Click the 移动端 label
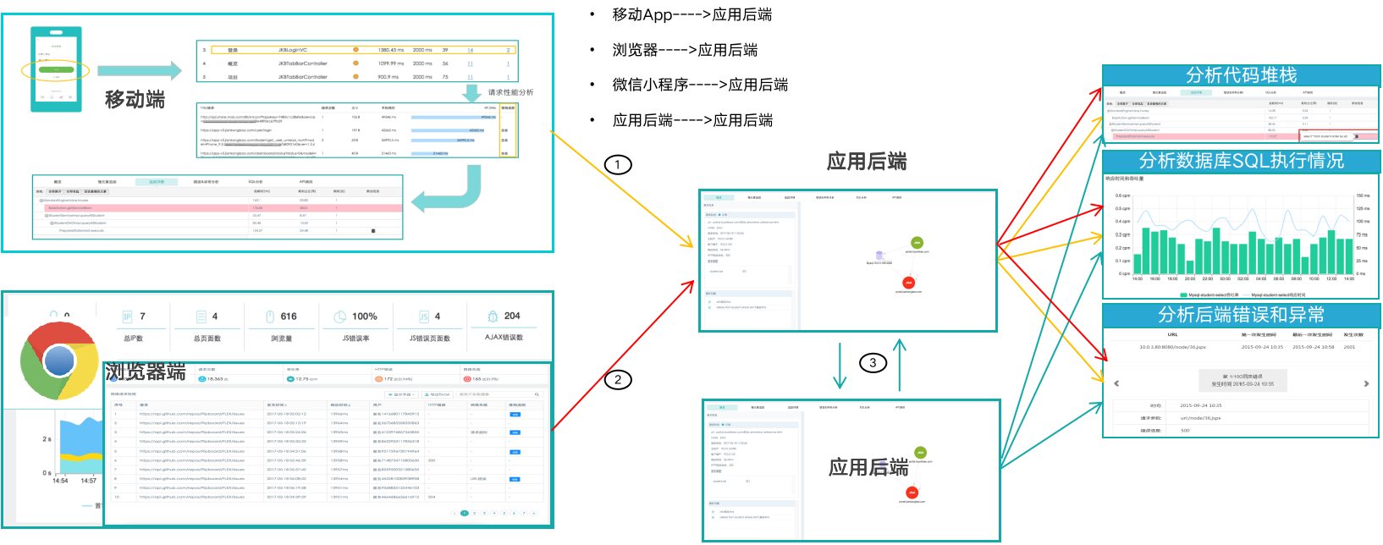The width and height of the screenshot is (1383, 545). coord(135,99)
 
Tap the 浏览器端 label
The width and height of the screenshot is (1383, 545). coord(145,372)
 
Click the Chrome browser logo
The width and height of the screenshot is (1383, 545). coord(59,361)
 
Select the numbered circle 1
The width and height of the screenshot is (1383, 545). coord(618,164)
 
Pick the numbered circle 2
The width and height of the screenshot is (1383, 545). coord(618,380)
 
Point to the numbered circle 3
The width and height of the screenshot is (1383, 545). coord(873,363)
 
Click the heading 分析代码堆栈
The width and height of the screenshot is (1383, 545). coord(1241,75)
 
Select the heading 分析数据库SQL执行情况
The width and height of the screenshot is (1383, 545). coord(1241,161)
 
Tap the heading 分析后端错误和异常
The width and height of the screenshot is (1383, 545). coord(1241,315)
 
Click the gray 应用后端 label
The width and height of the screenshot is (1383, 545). coord(866,162)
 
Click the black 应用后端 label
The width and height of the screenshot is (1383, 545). coord(868,467)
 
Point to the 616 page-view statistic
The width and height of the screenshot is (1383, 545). coord(289,317)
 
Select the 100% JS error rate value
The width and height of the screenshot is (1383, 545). coord(365,317)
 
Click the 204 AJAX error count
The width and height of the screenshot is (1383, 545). coord(512,316)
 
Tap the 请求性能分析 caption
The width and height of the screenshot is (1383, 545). coord(510,92)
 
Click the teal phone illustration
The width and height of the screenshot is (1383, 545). coord(57,69)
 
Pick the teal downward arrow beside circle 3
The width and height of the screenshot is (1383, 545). coord(840,366)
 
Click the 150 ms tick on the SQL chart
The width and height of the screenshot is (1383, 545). coord(1363,195)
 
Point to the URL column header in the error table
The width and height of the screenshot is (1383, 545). coord(1172,335)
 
